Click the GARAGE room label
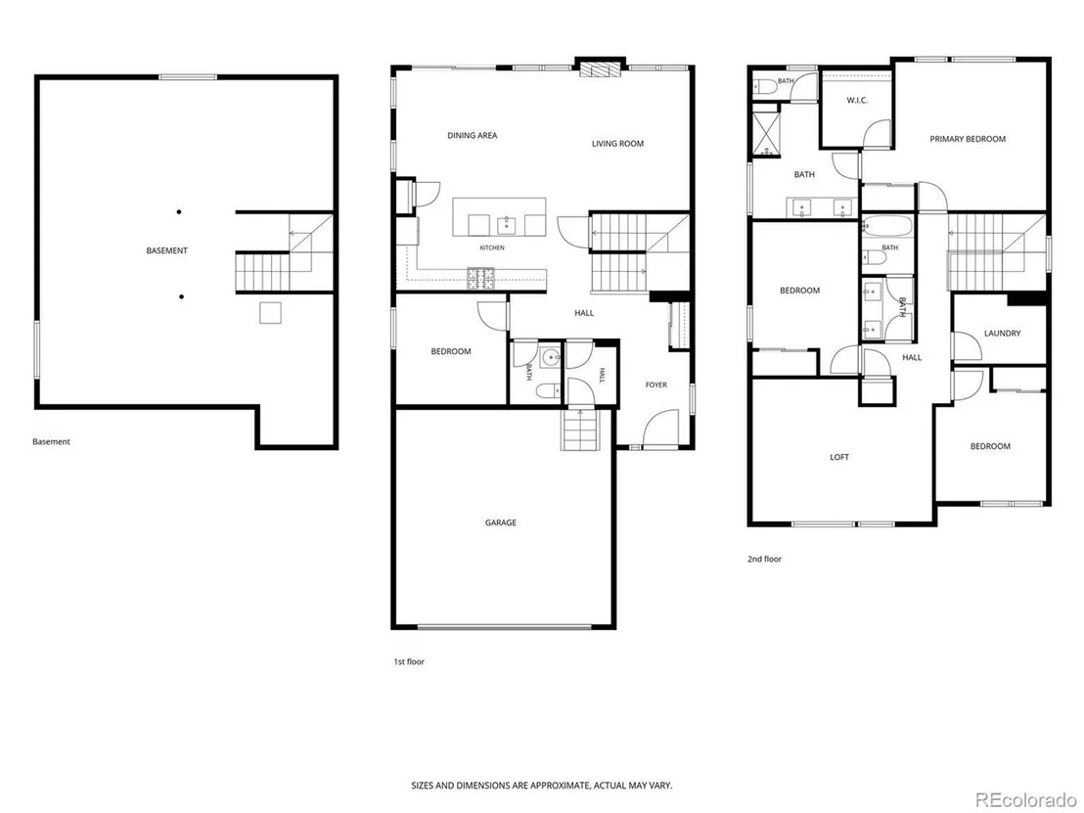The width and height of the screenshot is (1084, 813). pyautogui.click(x=501, y=522)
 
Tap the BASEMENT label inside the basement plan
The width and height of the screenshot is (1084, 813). pyautogui.click(x=166, y=250)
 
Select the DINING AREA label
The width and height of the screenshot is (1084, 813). pyautogui.click(x=473, y=135)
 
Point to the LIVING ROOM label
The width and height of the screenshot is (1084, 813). pyautogui.click(x=617, y=144)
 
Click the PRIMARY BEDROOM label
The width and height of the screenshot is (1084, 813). pyautogui.click(x=968, y=139)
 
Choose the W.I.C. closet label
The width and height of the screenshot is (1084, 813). pyautogui.click(x=857, y=100)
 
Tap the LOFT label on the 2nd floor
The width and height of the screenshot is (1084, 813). pyautogui.click(x=839, y=457)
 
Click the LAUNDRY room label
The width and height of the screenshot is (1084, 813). pyautogui.click(x=1002, y=334)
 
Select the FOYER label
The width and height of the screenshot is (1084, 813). pyautogui.click(x=656, y=385)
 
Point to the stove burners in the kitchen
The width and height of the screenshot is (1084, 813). pyautogui.click(x=481, y=278)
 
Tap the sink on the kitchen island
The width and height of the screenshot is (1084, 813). pyautogui.click(x=507, y=225)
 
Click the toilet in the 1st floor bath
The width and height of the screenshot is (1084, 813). pyautogui.click(x=548, y=391)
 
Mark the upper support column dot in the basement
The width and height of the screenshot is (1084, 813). pyautogui.click(x=179, y=211)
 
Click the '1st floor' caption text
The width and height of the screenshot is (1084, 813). pyautogui.click(x=409, y=661)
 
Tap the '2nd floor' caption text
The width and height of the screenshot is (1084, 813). pyautogui.click(x=764, y=559)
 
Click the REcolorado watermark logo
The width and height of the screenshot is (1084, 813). pyautogui.click(x=1026, y=799)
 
